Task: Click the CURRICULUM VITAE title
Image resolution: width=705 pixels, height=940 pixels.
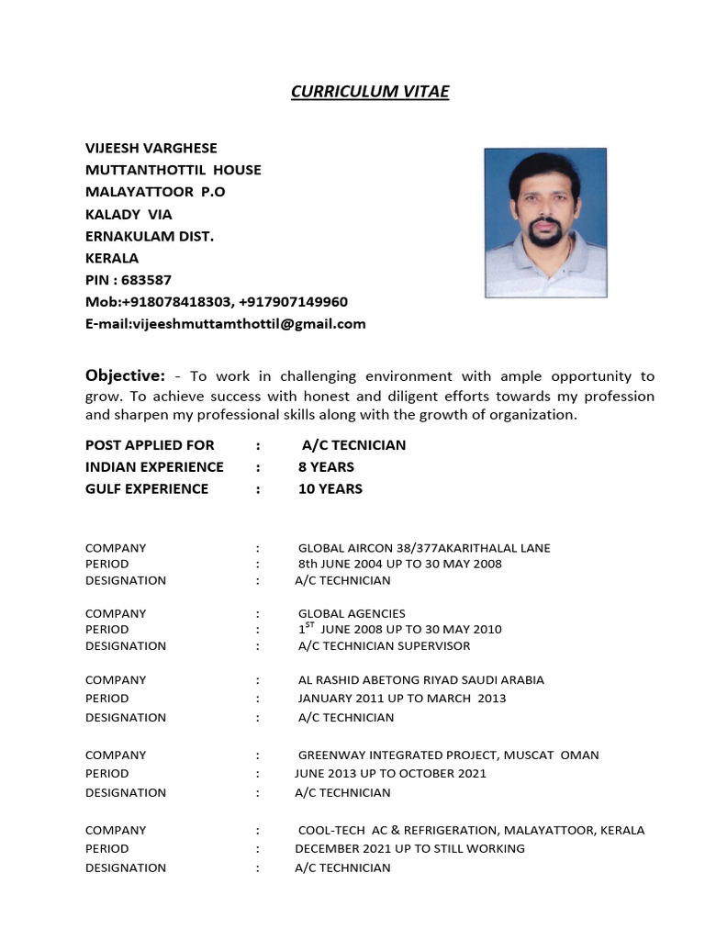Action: click(x=370, y=91)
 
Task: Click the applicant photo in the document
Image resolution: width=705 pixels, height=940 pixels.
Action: click(x=545, y=222)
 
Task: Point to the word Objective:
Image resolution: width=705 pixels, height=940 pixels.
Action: click(x=125, y=375)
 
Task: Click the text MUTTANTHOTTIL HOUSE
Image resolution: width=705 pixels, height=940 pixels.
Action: click(x=173, y=170)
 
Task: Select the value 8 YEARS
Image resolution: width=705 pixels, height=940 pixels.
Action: click(x=326, y=466)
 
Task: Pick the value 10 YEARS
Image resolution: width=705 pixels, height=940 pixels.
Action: click(x=330, y=488)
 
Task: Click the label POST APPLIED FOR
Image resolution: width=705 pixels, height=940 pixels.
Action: click(x=149, y=444)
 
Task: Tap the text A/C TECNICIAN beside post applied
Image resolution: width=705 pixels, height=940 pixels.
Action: click(x=353, y=444)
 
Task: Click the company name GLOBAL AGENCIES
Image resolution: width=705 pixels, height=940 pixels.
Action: click(x=352, y=613)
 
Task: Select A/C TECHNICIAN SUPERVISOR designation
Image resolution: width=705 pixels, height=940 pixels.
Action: click(x=384, y=645)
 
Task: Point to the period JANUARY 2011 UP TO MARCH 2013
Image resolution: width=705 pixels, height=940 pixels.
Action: click(x=402, y=699)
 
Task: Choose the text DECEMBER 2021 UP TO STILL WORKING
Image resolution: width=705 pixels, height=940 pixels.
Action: click(x=409, y=848)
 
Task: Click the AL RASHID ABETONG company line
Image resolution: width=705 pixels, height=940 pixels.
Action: click(x=420, y=680)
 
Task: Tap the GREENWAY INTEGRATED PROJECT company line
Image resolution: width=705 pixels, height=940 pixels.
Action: click(x=448, y=755)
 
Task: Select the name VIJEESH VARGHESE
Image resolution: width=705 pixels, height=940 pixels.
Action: click(x=151, y=148)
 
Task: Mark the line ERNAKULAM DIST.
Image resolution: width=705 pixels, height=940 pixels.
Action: click(x=150, y=236)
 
